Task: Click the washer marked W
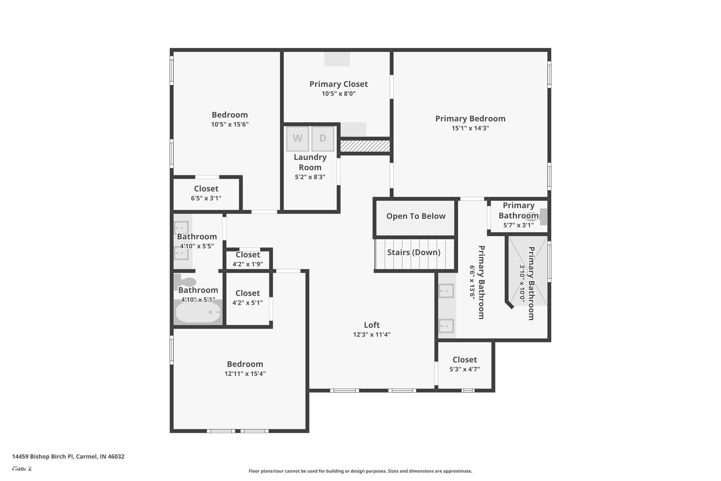[x=298, y=139]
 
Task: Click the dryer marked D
[x=322, y=139]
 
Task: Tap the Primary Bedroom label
[x=470, y=119]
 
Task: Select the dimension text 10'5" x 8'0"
[x=338, y=94]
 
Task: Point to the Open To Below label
[x=416, y=216]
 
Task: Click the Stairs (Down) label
[x=414, y=252]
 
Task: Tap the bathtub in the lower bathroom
[x=198, y=312]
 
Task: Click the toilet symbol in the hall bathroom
[x=185, y=281]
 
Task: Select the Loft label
[x=372, y=325]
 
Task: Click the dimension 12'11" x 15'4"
[x=245, y=374]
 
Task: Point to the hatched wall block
[x=365, y=146]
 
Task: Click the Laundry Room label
[x=310, y=162]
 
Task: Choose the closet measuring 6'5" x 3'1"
[x=206, y=193]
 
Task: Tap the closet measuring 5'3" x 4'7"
[x=464, y=365]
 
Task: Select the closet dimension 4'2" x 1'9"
[x=248, y=264]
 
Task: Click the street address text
[x=68, y=457]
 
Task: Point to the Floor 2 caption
[x=22, y=469]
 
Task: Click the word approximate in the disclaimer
[x=458, y=471]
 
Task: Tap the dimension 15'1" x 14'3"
[x=470, y=128]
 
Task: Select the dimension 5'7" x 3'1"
[x=519, y=225]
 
